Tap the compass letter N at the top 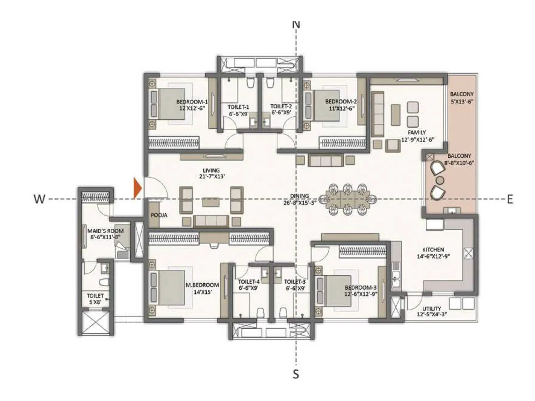296,24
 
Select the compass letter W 39,199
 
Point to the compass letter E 510,199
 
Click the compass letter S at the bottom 296,374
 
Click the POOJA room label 159,215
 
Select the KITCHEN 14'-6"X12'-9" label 433,253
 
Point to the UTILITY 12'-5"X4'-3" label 432,311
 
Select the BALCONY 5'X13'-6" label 461,98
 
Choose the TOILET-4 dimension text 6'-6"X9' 248,288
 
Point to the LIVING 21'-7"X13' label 211,173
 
